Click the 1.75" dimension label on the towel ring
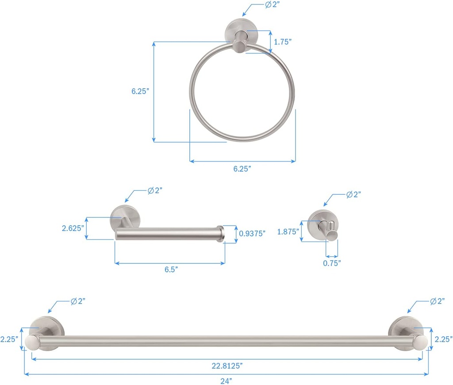[283, 42]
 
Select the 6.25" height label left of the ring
[140, 91]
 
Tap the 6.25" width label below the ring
[242, 169]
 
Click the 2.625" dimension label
[73, 228]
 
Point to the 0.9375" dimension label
[252, 233]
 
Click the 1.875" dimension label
[288, 231]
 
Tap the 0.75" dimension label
[332, 263]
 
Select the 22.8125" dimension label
[226, 365]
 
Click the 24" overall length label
[226, 380]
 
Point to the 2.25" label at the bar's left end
[9, 339]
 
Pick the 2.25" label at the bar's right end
[443, 339]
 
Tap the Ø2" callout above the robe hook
[353, 194]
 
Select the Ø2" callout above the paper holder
[155, 190]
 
